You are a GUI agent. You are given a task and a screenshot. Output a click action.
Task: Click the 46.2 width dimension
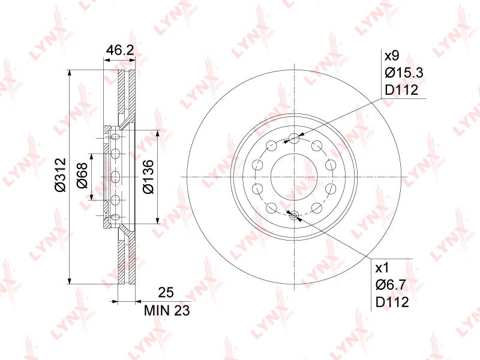(119, 50)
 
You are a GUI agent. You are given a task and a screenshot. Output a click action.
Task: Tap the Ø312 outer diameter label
(61, 175)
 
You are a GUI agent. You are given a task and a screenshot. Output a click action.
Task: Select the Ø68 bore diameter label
(82, 175)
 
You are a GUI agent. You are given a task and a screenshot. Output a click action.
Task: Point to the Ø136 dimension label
(148, 176)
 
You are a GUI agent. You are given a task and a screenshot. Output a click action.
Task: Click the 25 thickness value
(166, 292)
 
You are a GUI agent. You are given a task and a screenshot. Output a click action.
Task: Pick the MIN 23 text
(167, 310)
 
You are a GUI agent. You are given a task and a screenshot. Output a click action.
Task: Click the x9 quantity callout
(392, 56)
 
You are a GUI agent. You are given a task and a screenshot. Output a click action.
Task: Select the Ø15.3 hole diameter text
(404, 73)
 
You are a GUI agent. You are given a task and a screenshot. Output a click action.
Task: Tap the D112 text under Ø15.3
(401, 90)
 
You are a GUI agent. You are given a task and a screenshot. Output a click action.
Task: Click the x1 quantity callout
(382, 268)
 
